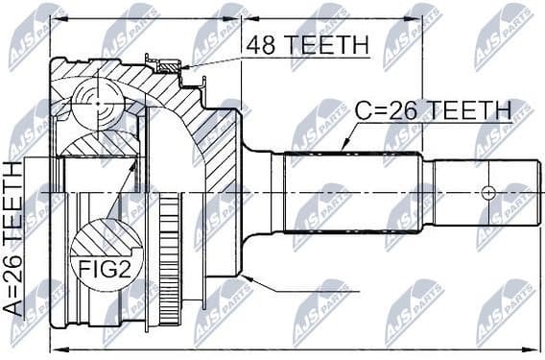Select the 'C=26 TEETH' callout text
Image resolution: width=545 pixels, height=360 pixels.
point(433,110)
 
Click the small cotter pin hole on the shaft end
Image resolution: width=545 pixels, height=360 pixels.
point(488,193)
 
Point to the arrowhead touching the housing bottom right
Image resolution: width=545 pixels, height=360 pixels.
point(249,279)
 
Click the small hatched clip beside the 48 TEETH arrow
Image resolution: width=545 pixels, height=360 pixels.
point(169,66)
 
